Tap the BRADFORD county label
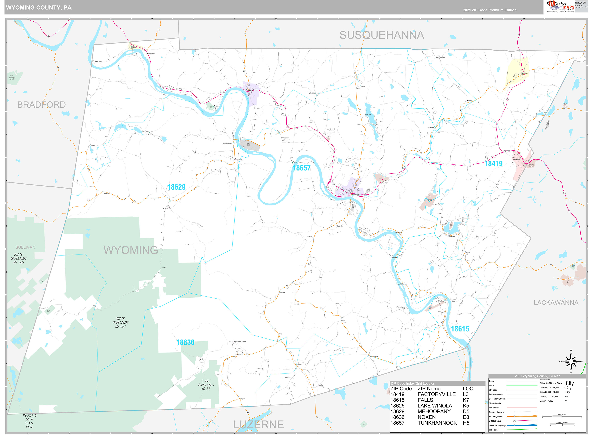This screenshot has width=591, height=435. tap(41, 105)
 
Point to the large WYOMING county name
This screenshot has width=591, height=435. tap(131, 250)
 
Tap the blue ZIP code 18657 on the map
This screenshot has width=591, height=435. tap(301, 168)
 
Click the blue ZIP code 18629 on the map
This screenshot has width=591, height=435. tap(176, 187)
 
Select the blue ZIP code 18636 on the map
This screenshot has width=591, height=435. tap(185, 342)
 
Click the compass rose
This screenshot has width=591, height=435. tap(571, 362)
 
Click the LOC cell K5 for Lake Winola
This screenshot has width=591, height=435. tap(466, 406)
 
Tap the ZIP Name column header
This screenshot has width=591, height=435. tap(429, 389)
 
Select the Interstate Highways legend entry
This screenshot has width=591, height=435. tap(497, 425)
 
